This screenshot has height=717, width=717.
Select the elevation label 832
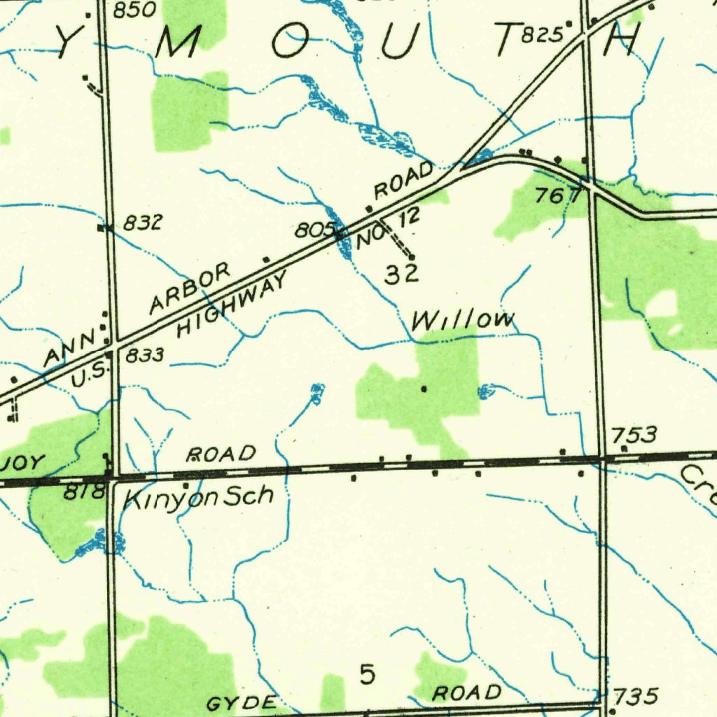click(x=143, y=223)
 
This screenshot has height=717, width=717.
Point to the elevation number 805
click(x=311, y=229)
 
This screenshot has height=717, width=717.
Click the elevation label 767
click(x=559, y=196)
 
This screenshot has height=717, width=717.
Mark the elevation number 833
click(x=145, y=356)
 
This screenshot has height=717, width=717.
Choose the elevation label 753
click(x=634, y=436)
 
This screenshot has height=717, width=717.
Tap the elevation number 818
click(x=84, y=493)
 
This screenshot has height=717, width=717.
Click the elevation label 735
click(x=635, y=696)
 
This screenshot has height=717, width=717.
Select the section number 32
click(x=401, y=274)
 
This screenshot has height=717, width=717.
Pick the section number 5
click(x=367, y=675)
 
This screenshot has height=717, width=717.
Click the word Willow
click(x=463, y=321)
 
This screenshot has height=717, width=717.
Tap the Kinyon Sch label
click(x=198, y=498)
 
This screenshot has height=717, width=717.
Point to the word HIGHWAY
click(x=231, y=305)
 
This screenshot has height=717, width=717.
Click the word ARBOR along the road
click(x=190, y=288)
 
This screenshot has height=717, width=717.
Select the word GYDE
click(x=242, y=703)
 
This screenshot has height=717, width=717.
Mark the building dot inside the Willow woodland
click(x=424, y=387)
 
